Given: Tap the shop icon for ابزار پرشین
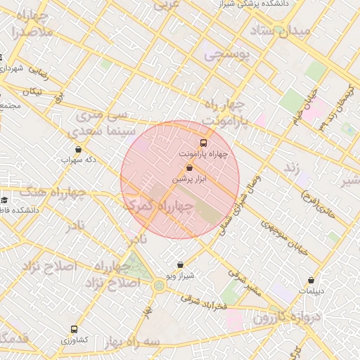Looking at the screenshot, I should [190, 168].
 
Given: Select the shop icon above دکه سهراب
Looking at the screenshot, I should [77, 149].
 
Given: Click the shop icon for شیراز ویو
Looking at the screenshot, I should [181, 265].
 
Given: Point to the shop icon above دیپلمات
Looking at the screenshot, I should [311, 280].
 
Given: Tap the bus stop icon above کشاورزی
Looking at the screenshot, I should [74, 329].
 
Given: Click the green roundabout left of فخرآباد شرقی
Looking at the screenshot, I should [159, 285].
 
